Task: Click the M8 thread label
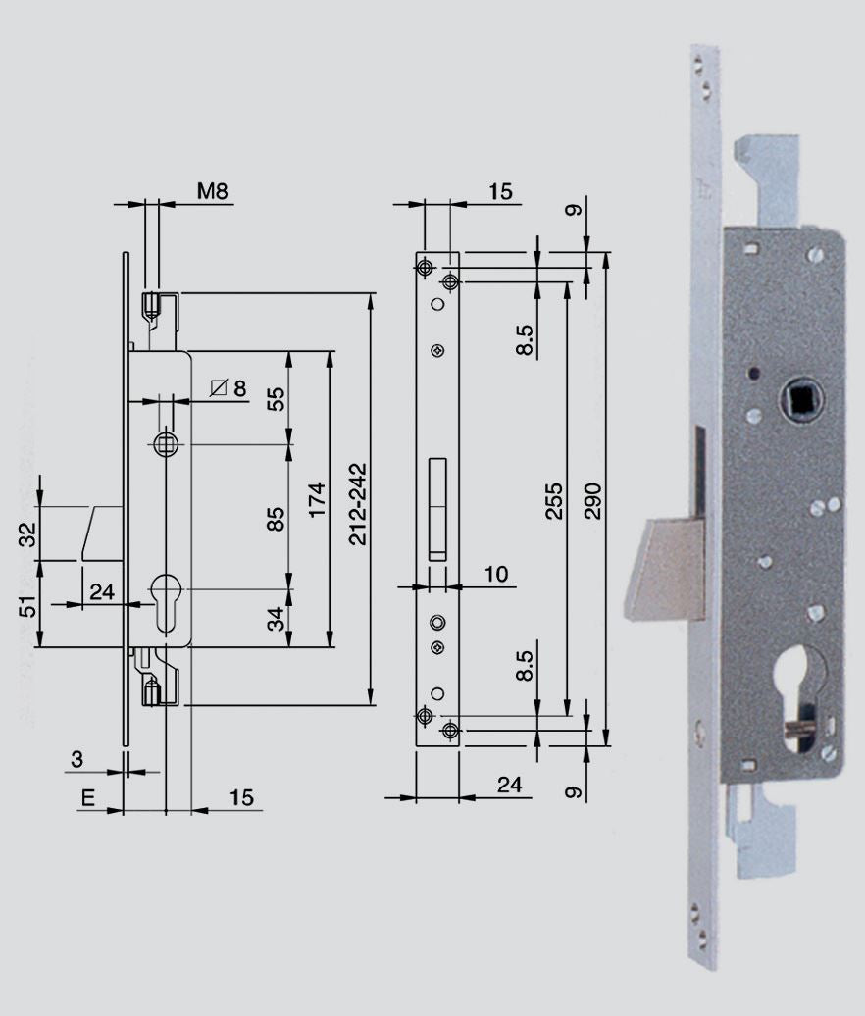(x=213, y=191)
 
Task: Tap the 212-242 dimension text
(x=358, y=503)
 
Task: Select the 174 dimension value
(x=317, y=499)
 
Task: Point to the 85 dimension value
(x=276, y=519)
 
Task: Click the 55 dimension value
(x=276, y=399)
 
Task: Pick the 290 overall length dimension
(x=593, y=500)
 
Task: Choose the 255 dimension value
(x=554, y=500)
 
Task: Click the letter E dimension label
(x=87, y=797)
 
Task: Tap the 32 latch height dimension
(x=28, y=534)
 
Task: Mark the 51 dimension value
(x=28, y=606)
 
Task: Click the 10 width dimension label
(x=496, y=574)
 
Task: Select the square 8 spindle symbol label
(x=229, y=388)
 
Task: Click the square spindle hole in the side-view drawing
(x=166, y=444)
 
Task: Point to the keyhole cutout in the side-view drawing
(x=166, y=602)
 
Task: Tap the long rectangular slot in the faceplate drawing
(x=437, y=509)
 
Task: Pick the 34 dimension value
(x=276, y=618)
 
